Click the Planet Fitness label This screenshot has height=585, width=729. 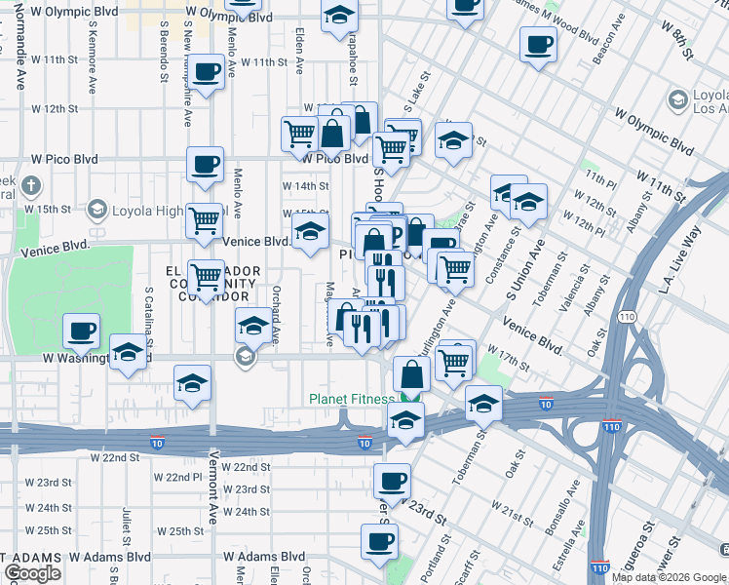coord(352,398)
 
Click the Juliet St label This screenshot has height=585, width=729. coord(127,526)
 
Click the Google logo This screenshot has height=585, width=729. coord(32,573)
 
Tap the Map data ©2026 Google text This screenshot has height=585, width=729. coord(669,577)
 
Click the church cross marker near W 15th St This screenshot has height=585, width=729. coord(31,185)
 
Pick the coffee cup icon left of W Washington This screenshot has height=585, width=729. coord(82,331)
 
